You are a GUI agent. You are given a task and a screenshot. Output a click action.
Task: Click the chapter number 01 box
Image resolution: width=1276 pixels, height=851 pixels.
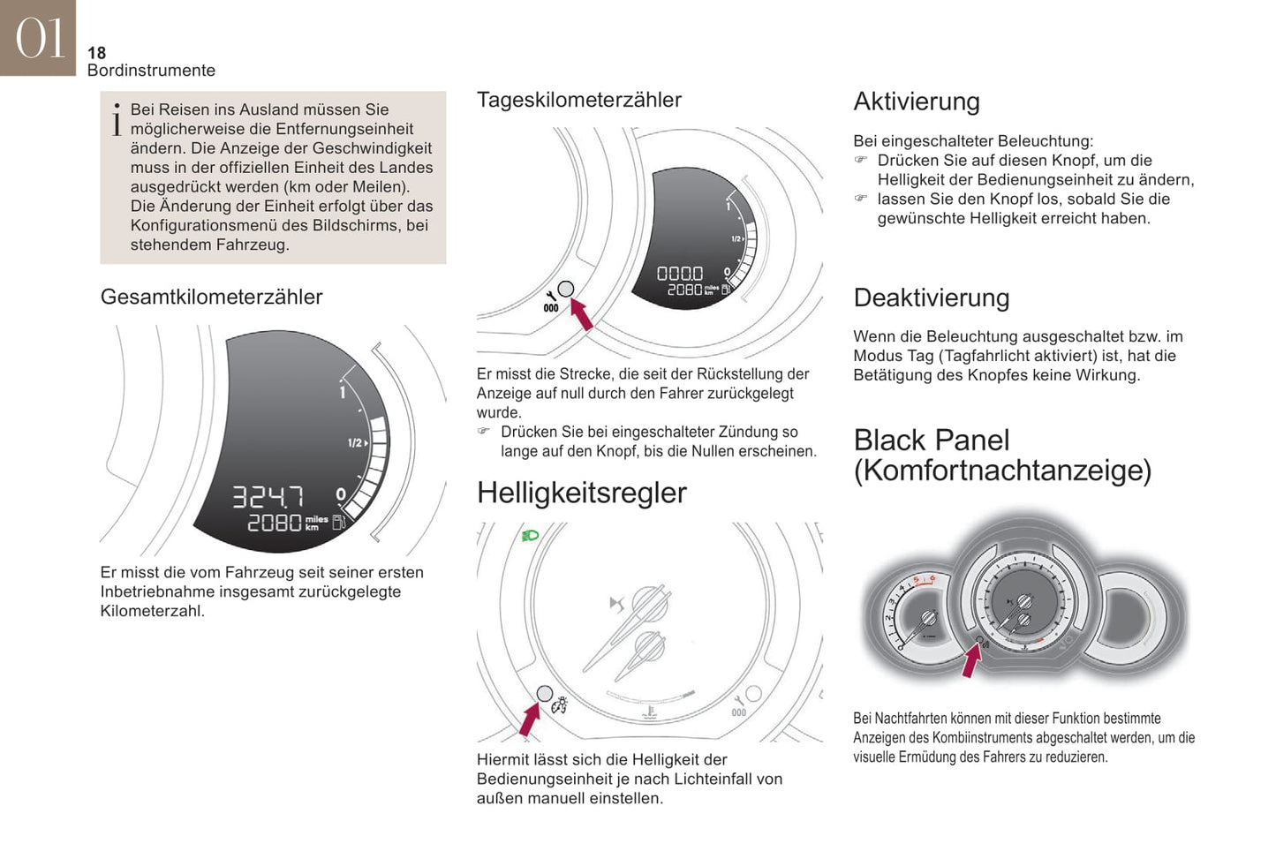[x=38, y=38]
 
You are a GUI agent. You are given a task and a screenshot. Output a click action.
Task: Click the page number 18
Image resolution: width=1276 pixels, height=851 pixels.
[x=97, y=53]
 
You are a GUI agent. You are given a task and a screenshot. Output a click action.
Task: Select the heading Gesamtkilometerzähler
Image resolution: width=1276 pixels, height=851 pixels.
[x=211, y=297]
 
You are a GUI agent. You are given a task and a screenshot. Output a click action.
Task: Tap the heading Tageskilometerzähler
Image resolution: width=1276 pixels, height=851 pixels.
[x=578, y=100]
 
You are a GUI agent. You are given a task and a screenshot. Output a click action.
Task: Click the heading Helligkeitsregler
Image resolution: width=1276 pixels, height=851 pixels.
[x=582, y=493]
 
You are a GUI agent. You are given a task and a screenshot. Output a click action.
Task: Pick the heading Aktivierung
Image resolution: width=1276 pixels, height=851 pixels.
[x=917, y=102]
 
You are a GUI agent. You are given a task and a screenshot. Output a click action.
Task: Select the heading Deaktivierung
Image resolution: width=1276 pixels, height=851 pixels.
[x=932, y=297]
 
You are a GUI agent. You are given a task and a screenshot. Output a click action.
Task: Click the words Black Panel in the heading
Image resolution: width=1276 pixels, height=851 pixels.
[x=932, y=441]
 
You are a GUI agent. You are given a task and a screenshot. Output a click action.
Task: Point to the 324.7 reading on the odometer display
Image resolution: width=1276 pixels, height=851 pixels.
[x=268, y=497]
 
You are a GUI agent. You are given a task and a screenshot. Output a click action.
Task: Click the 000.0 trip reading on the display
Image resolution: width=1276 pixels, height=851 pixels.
[x=680, y=274]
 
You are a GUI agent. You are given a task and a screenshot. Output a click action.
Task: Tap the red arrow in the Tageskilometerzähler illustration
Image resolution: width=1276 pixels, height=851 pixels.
[x=582, y=314]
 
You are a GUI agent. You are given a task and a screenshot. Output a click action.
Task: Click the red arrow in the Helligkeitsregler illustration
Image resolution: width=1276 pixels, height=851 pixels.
[x=530, y=719]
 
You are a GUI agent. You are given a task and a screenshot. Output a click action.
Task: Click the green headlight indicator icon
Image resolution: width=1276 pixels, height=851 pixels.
[x=530, y=536]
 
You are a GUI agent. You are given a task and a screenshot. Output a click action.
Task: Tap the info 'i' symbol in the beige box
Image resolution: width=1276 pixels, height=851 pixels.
[x=117, y=120]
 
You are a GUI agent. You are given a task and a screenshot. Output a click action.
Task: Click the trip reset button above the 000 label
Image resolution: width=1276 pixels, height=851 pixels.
[x=566, y=290]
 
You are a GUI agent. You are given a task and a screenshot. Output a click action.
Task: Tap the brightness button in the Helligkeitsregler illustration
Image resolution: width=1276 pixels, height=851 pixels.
[x=545, y=693]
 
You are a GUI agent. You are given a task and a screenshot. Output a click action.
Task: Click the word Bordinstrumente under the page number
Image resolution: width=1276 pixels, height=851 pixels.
[x=151, y=71]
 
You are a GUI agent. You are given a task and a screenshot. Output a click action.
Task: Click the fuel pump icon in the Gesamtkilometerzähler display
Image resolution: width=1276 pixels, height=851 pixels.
[x=338, y=522]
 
